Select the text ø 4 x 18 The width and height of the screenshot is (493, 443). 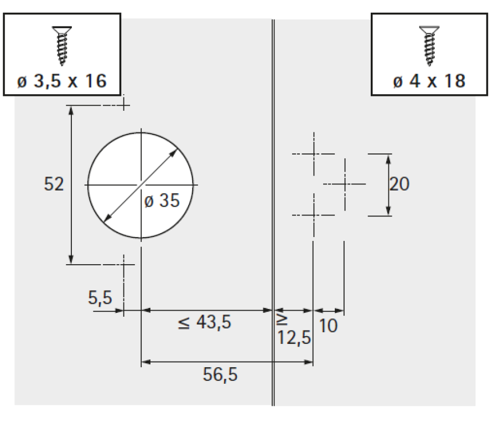429,81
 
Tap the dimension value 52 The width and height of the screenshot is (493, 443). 54,184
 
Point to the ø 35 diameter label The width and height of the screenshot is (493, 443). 162,201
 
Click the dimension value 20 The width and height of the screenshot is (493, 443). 399,184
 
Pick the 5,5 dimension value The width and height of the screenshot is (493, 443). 100,298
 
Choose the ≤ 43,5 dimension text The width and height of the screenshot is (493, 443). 205,322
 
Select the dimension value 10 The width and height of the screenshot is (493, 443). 328,326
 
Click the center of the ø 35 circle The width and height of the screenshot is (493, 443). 142,184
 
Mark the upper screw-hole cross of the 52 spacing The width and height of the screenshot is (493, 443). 124,104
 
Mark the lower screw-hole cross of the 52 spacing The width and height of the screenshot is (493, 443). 124,265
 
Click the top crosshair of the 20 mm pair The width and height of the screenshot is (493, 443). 314,153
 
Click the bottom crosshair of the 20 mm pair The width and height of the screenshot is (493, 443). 314,215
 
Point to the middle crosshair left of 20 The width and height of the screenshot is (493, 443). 344,183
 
